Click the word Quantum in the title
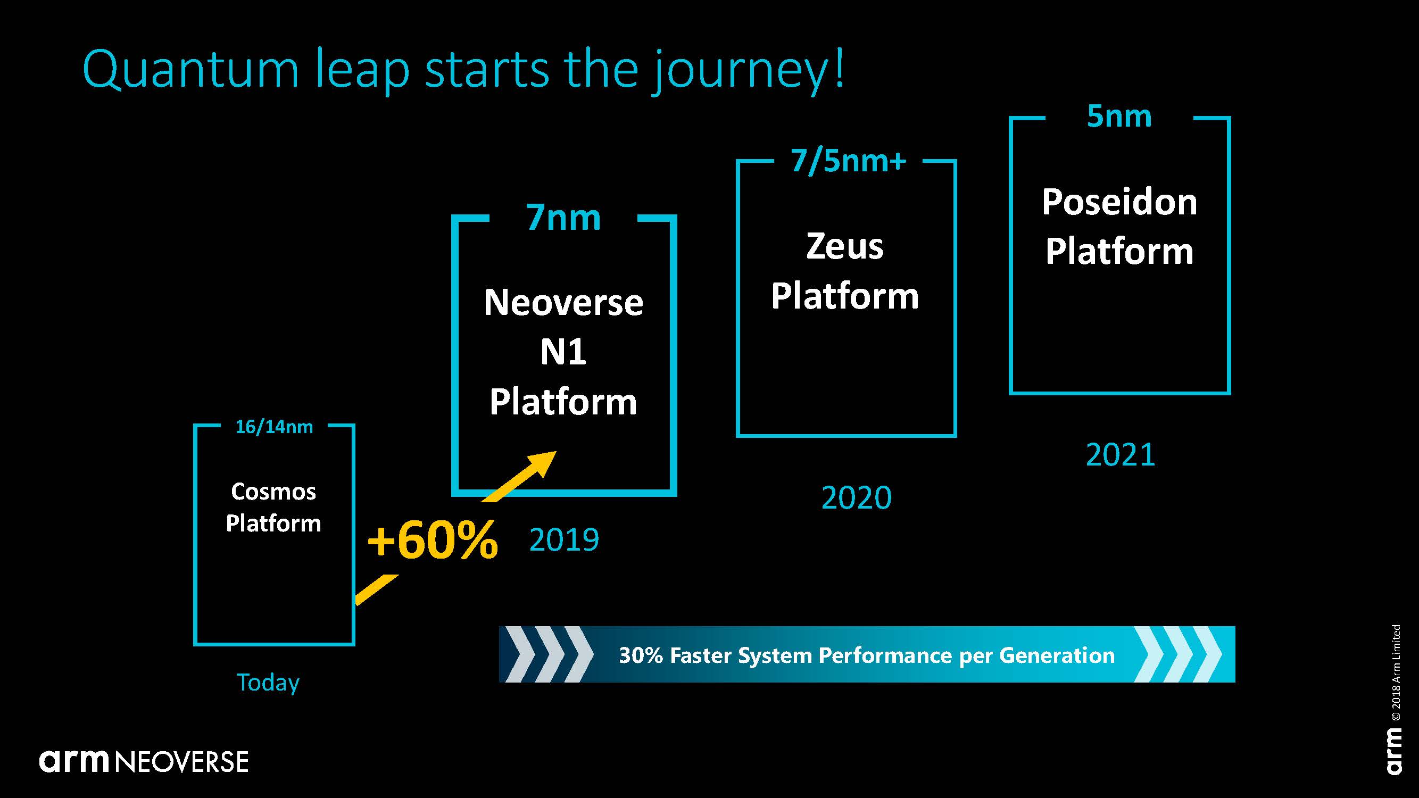click(190, 69)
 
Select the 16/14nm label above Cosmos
click(274, 427)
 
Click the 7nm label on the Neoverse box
click(563, 218)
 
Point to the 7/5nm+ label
click(848, 161)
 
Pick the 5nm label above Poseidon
click(1119, 116)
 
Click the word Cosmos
click(273, 491)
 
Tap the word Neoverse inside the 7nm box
click(563, 302)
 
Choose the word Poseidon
click(1119, 202)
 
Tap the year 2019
click(564, 539)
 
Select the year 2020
click(856, 498)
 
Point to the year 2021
click(1121, 455)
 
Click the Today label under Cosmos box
click(268, 683)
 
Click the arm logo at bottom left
click(75, 761)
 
